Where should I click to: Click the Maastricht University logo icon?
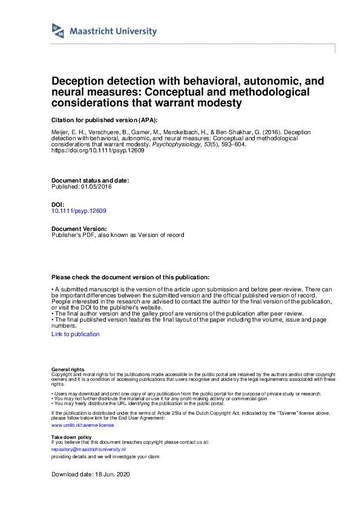[x=58, y=31]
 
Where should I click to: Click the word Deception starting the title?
[x=78, y=80]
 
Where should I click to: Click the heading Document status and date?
[x=90, y=181]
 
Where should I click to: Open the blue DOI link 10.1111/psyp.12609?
[x=79, y=211]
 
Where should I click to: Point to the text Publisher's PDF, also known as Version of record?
[x=117, y=235]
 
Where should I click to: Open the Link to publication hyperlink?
[x=76, y=334]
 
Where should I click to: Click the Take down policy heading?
[x=71, y=436]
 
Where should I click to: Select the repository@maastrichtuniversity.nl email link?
[x=88, y=450]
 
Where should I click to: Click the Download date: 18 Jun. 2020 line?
[x=91, y=475]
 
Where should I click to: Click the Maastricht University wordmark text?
[x=113, y=31]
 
